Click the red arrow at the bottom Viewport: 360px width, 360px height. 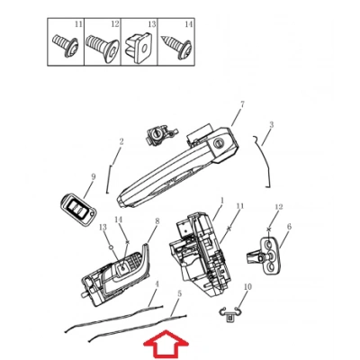pyautogui.click(x=166, y=345)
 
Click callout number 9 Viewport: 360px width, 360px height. pyautogui.click(x=93, y=176)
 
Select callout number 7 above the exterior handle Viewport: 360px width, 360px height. pyautogui.click(x=242, y=104)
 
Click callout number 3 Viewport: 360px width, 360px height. pyautogui.click(x=271, y=125)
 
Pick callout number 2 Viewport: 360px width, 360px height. pyautogui.click(x=121, y=141)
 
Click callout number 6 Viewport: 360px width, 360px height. pyautogui.click(x=289, y=227)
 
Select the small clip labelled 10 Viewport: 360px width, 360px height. pyautogui.click(x=230, y=314)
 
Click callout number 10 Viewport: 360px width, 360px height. pyautogui.click(x=247, y=287)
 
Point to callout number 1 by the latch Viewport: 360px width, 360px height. pyautogui.click(x=222, y=200)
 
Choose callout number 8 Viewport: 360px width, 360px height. pyautogui.click(x=157, y=221)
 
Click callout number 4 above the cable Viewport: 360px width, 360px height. pyautogui.click(x=157, y=283)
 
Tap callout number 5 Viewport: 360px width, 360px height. pyautogui.click(x=179, y=294)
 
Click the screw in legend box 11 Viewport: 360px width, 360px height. pyautogui.click(x=66, y=46)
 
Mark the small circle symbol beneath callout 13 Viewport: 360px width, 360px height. pyautogui.click(x=111, y=247)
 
